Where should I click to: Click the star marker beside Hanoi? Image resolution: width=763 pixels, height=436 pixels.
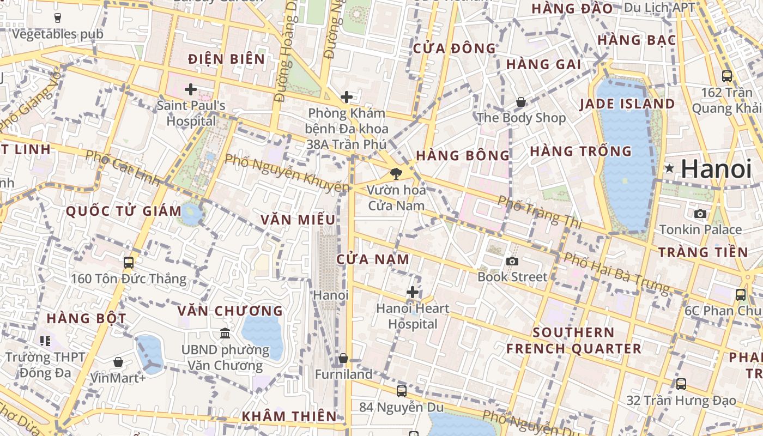point(669,168)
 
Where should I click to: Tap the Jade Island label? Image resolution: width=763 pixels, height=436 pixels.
point(627,104)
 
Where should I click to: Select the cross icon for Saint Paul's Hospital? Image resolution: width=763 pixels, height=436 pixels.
point(191,89)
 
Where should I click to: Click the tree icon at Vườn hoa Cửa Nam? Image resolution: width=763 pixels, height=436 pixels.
point(396,174)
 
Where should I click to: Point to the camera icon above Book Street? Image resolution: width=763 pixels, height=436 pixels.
point(512,261)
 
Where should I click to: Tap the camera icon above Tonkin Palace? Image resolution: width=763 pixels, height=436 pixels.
point(700,214)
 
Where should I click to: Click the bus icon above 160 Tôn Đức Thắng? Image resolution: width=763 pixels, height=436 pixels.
point(129,263)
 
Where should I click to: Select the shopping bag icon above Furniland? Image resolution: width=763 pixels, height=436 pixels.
point(343,358)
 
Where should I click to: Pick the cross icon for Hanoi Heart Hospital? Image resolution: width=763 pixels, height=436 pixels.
point(413,292)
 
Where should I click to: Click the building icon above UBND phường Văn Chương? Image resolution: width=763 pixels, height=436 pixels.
point(225,333)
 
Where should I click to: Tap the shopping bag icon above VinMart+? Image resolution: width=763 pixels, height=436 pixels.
point(118,361)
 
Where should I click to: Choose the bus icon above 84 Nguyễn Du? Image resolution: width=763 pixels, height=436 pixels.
point(402,391)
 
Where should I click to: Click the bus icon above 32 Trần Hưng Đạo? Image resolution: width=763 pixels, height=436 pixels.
point(681,384)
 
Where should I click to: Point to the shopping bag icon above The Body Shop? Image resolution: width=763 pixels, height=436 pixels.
point(521,101)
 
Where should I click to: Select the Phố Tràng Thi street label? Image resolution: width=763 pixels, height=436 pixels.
point(540,212)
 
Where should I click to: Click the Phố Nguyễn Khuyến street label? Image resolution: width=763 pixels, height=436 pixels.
point(287,173)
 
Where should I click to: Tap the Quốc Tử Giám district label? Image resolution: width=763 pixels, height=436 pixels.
point(124,211)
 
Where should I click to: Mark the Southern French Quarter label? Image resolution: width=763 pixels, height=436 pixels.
point(573,341)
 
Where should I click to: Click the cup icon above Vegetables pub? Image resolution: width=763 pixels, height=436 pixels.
point(58,17)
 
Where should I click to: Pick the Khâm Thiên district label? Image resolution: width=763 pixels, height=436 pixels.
point(289,416)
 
